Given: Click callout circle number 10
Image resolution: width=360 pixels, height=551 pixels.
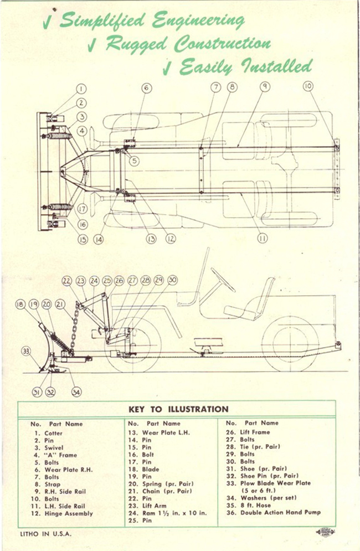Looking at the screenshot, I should (x=308, y=86).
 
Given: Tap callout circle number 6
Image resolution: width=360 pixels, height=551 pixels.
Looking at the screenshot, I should (x=146, y=87).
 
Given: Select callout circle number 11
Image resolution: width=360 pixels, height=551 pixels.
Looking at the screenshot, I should (x=262, y=238).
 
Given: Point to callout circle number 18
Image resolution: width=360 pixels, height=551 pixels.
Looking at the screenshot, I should (x=20, y=304).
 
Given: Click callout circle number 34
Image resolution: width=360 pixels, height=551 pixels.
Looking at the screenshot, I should (x=76, y=392).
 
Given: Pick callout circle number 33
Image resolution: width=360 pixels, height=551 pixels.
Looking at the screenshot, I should (x=25, y=351).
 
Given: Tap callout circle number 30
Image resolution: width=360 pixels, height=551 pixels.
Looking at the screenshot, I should (x=172, y=280).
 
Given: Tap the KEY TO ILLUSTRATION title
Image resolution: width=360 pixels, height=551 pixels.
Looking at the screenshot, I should (x=178, y=409).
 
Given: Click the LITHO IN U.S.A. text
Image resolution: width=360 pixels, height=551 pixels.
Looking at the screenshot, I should (x=48, y=534).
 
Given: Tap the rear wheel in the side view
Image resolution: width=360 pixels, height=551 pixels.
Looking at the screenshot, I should (x=291, y=343).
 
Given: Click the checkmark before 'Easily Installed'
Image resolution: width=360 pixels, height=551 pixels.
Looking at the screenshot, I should (x=166, y=69).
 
